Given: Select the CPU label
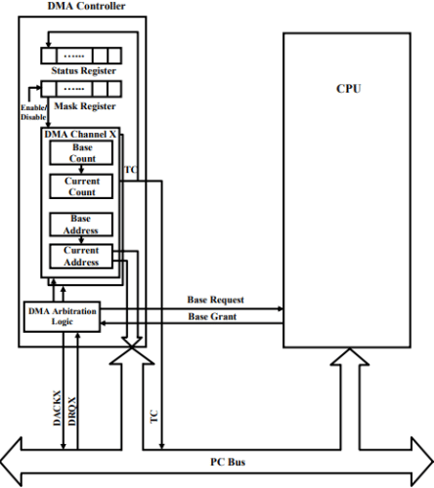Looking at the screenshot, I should click(348, 89).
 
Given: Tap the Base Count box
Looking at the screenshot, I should click(81, 153).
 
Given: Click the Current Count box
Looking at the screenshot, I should click(81, 185).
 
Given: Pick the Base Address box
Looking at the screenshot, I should click(81, 224).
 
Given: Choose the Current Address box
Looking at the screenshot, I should click(81, 257).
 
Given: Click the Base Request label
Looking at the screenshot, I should click(215, 300).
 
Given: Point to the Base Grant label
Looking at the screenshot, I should click(212, 316).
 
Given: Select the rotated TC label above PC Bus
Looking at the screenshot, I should click(153, 416).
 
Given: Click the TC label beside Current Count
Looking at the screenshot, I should click(130, 169).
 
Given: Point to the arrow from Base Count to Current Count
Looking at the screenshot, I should click(81, 169).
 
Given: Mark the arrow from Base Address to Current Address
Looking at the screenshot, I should click(81, 240).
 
